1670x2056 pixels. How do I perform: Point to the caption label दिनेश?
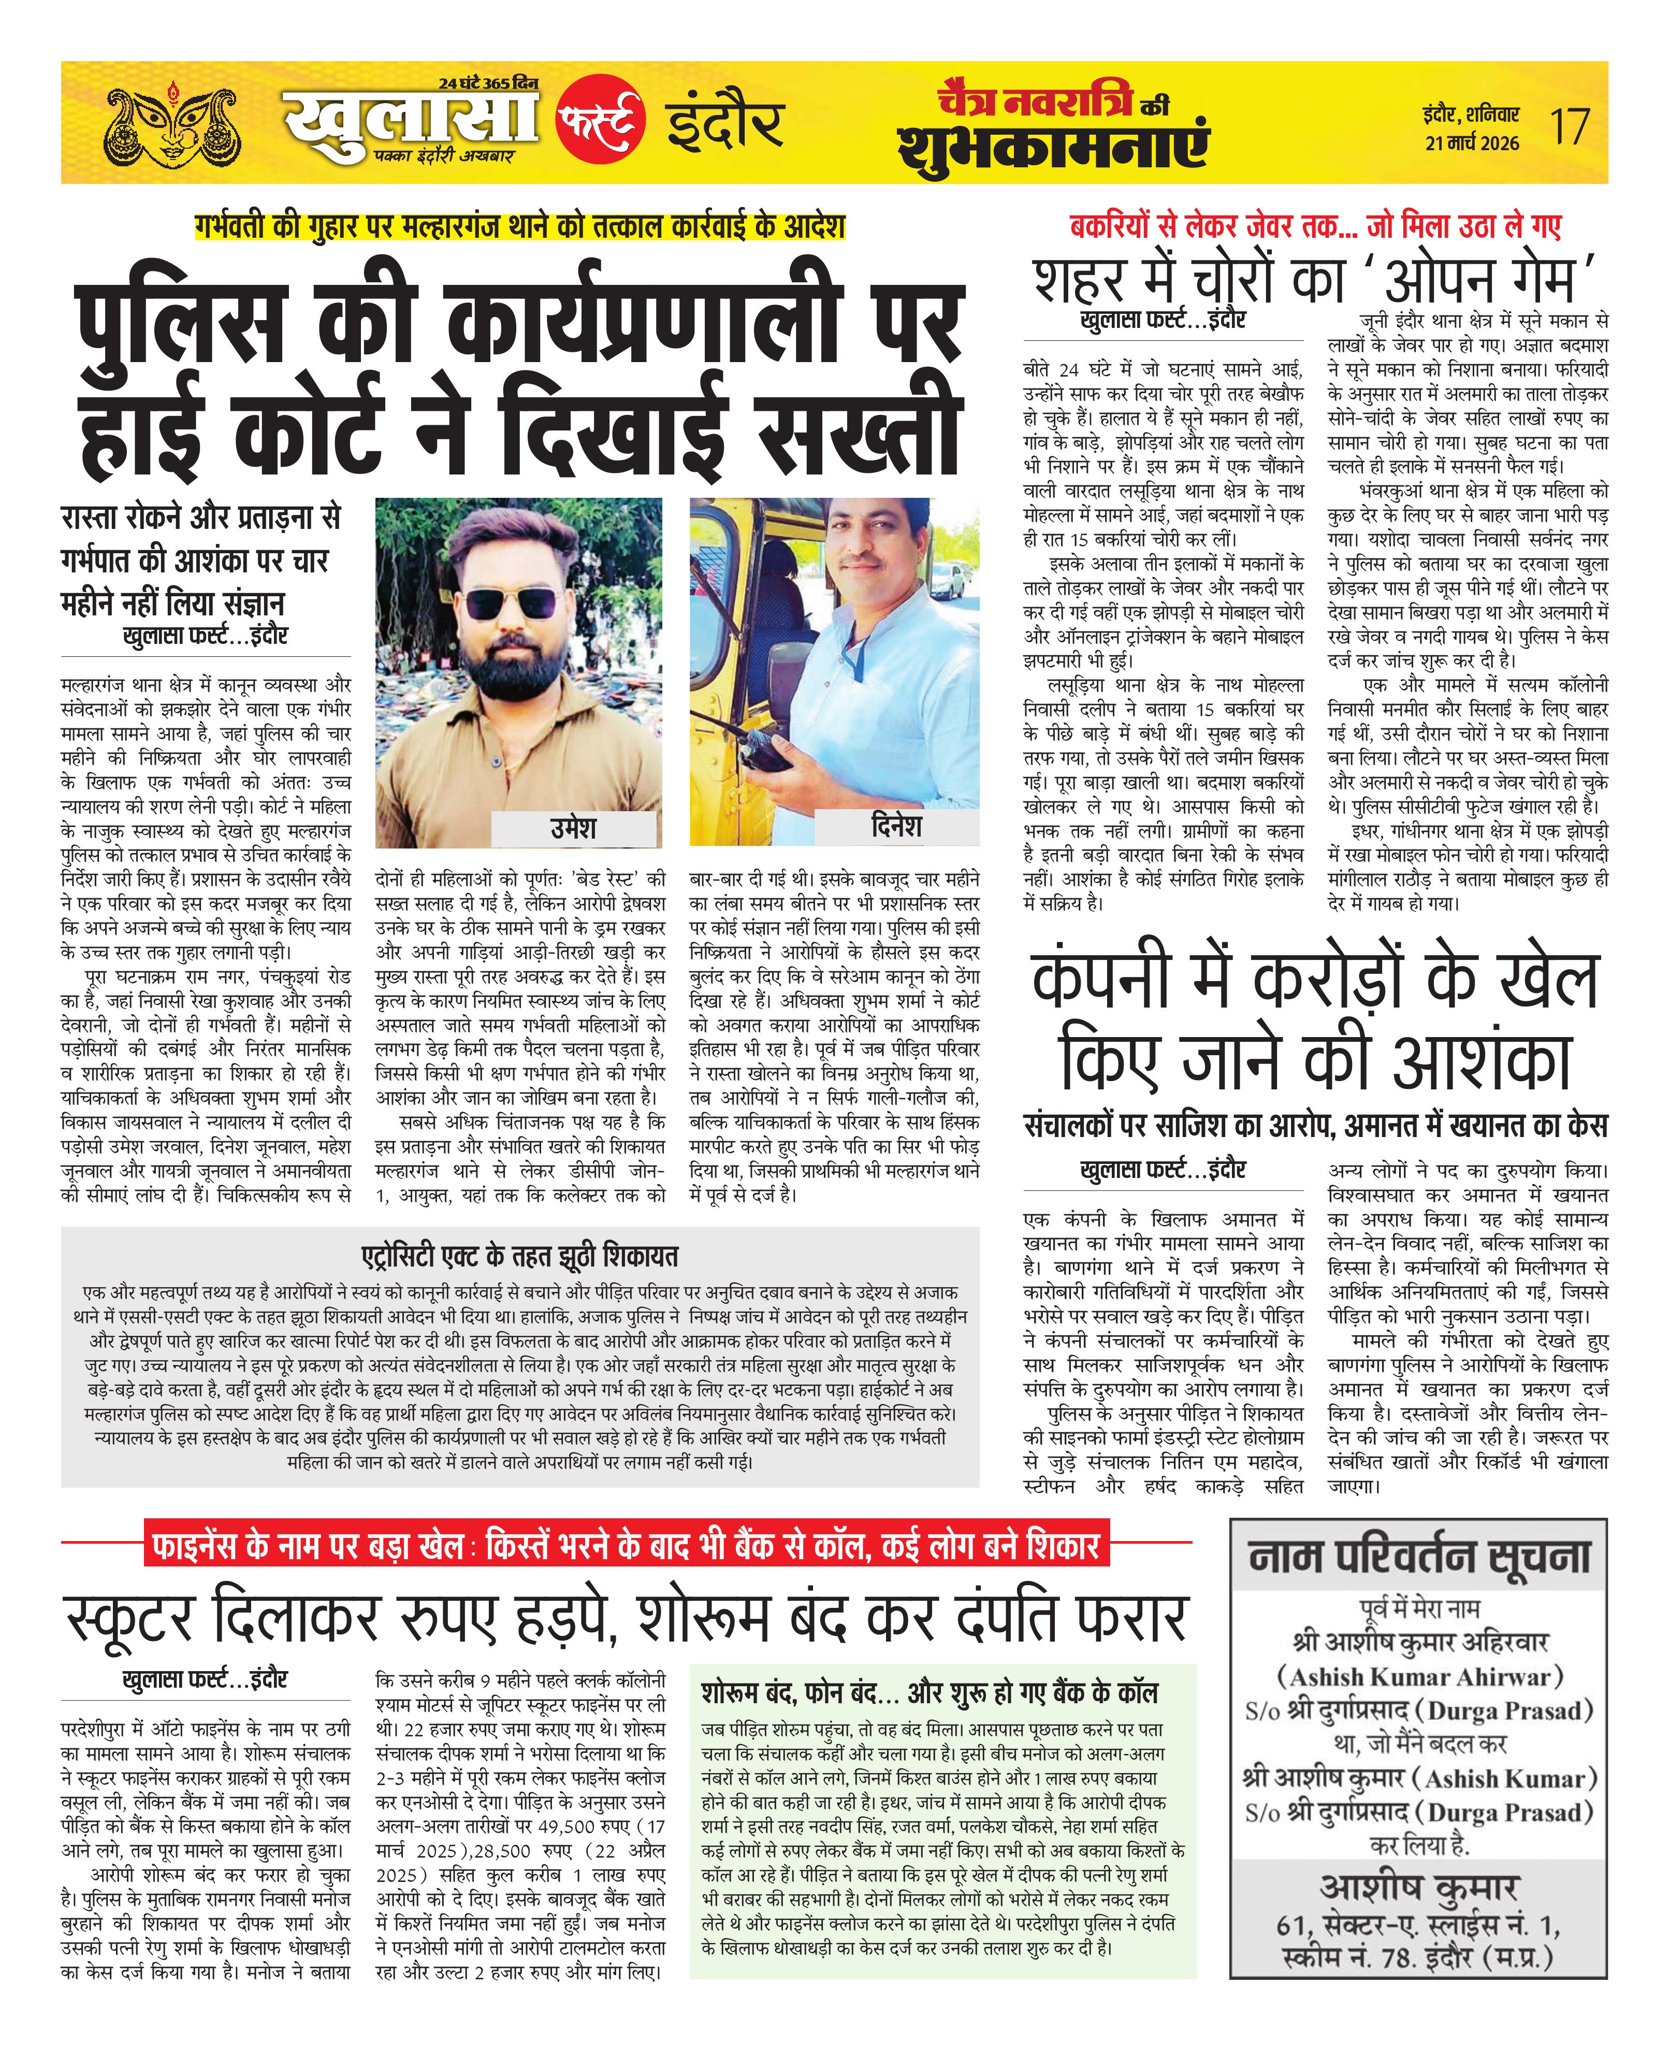point(896,826)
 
